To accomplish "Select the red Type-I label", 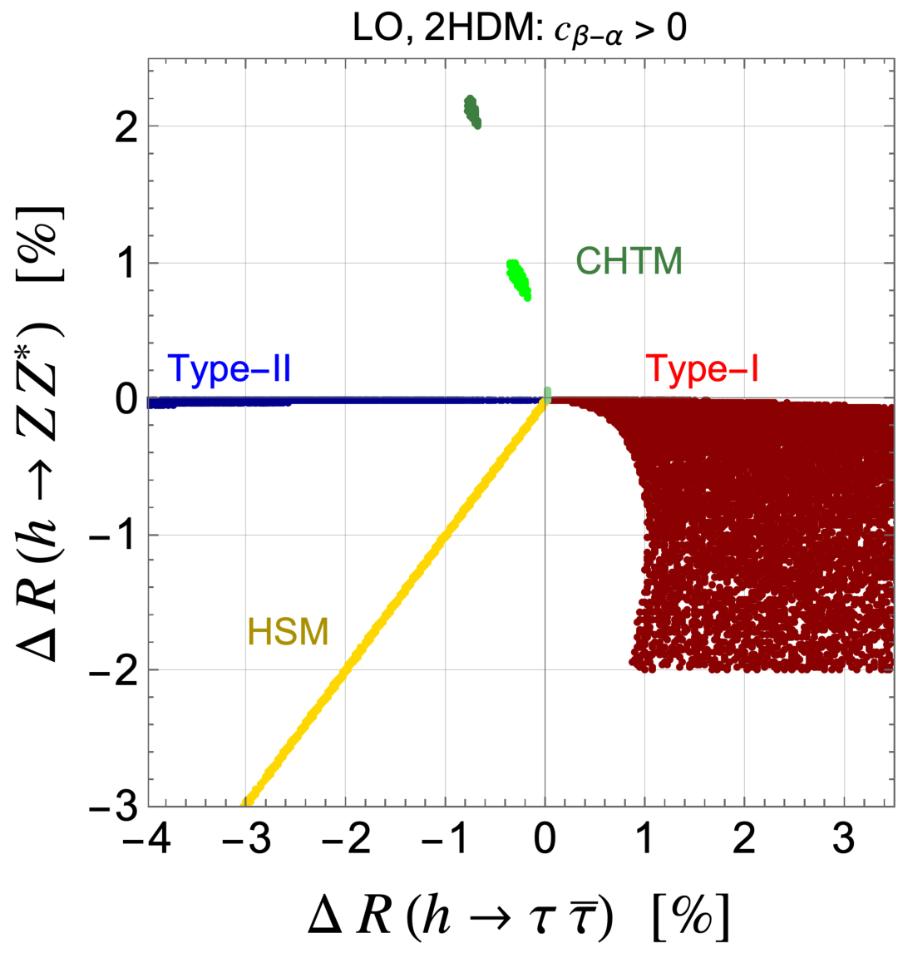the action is pyautogui.click(x=702, y=368).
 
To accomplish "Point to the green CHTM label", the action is pyautogui.click(x=629, y=261).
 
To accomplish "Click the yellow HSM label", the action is pyautogui.click(x=288, y=631).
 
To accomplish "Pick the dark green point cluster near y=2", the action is pyautogui.click(x=472, y=111).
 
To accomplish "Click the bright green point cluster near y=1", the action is pyautogui.click(x=518, y=279).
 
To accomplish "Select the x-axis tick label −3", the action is pyautogui.click(x=245, y=839).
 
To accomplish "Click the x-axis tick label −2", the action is pyautogui.click(x=345, y=839).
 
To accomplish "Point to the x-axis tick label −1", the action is pyautogui.click(x=445, y=839).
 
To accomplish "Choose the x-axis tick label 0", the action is pyautogui.click(x=545, y=839).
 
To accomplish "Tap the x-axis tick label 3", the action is pyautogui.click(x=844, y=839).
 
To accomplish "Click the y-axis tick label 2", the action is pyautogui.click(x=126, y=127).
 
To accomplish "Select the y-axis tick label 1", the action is pyautogui.click(x=126, y=264).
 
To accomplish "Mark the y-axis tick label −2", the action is pyautogui.click(x=114, y=671).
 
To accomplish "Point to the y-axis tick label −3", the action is pyautogui.click(x=114, y=807).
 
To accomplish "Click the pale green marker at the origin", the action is pyautogui.click(x=547, y=395).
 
